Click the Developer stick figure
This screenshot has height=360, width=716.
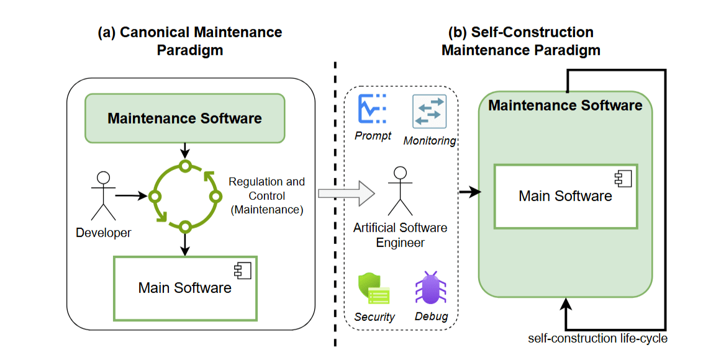click(104, 195)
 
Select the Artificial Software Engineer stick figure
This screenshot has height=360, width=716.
click(401, 191)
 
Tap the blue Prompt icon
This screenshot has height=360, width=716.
click(372, 109)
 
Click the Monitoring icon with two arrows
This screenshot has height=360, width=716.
click(429, 112)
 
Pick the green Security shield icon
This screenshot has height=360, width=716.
click(373, 288)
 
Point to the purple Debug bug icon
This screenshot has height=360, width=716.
click(430, 288)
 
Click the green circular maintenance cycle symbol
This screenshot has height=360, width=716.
click(184, 197)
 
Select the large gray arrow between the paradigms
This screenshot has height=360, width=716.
click(347, 193)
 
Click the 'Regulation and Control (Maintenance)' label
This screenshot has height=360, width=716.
click(266, 196)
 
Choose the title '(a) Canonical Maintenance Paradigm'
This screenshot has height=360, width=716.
click(190, 41)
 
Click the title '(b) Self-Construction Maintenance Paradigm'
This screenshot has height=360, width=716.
click(521, 41)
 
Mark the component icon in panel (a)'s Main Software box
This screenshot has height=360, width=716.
click(240, 270)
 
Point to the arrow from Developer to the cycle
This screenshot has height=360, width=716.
click(132, 196)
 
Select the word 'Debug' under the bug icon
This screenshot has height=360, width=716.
click(431, 317)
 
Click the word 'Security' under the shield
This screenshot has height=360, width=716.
click(374, 317)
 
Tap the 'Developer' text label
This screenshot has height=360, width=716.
click(104, 233)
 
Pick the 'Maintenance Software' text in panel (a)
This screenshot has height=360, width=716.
click(184, 118)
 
